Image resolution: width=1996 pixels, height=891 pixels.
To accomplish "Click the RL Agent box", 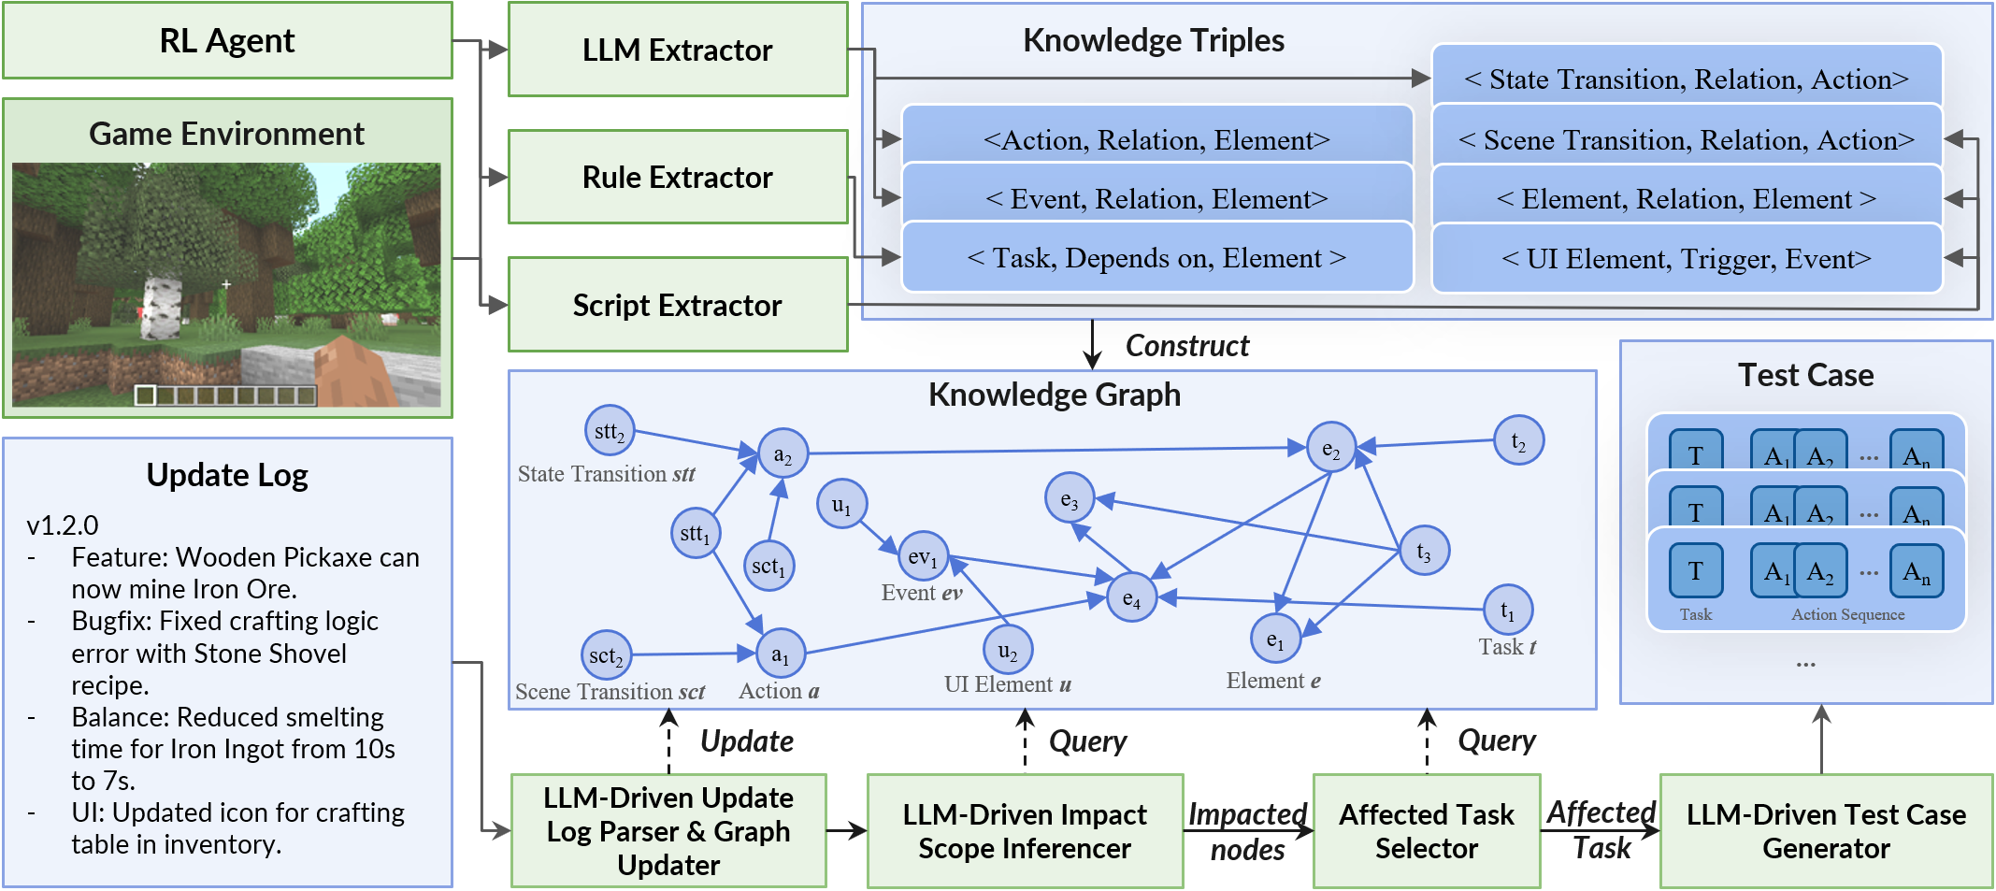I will coord(227,41).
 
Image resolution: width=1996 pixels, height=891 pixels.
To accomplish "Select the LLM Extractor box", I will coord(677,50).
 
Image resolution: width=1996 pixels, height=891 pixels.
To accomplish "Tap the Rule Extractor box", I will coord(677,177).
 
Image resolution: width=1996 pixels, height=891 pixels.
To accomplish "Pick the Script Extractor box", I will coord(677,305).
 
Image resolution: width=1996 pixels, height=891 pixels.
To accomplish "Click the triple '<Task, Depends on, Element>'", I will coord(1156,258).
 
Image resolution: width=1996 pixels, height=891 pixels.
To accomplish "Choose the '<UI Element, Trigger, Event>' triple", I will coord(1686,259).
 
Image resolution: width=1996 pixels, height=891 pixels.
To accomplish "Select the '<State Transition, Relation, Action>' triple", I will coord(1686,79).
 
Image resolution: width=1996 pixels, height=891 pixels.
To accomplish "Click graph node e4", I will coord(1131,598).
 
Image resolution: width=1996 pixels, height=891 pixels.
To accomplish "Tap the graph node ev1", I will coord(922,557).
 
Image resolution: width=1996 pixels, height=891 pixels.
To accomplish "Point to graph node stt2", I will coord(610,431).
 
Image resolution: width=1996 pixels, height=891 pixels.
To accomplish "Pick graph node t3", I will coord(1423,552).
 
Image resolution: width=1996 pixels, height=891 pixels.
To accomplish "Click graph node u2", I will coord(1007,650).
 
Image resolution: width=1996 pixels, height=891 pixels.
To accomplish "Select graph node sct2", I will coord(606,655).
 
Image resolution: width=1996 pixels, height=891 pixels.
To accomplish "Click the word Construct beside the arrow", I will coord(1186,346).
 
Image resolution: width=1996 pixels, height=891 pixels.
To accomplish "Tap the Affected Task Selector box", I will coord(1426,830).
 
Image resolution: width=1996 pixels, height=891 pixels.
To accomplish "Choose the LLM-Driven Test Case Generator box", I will coord(1825,830).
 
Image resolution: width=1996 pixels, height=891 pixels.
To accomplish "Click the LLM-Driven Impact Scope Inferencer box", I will coord(1024,830).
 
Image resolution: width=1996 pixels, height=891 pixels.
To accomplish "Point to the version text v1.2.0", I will coord(63,525).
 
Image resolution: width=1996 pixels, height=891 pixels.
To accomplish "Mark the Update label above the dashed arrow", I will coord(746,741).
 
